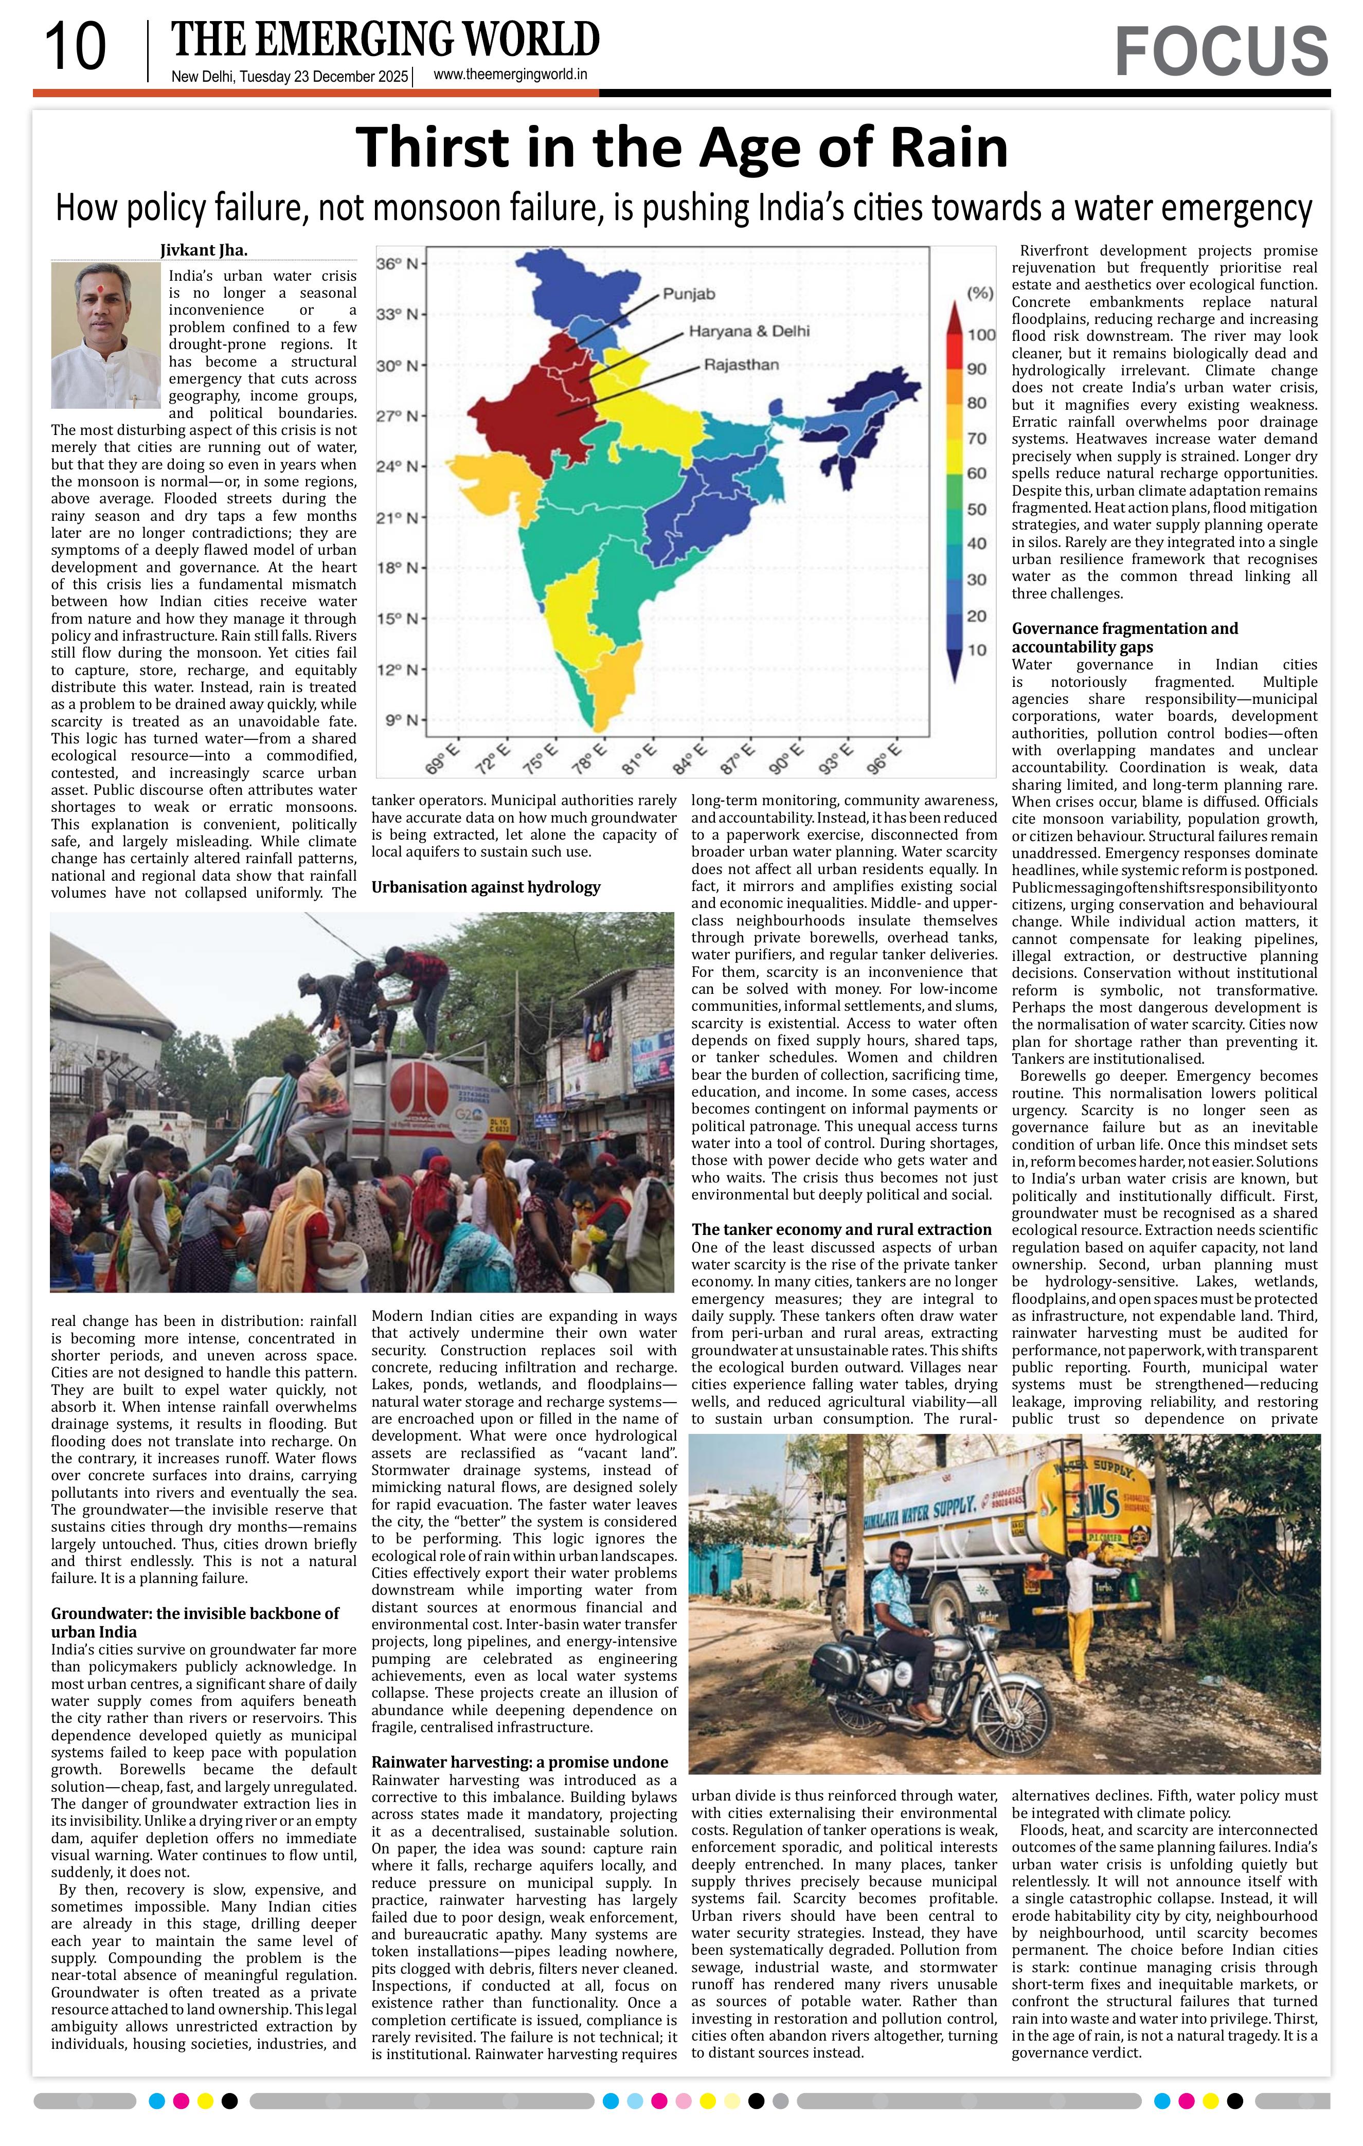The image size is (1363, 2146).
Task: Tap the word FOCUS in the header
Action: tap(1221, 51)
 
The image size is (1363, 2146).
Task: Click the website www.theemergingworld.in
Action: tap(510, 75)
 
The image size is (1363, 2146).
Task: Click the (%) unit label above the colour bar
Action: tap(980, 293)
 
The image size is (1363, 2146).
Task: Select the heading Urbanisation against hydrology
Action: tap(485, 887)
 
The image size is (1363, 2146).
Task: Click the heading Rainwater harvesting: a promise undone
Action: tap(519, 1762)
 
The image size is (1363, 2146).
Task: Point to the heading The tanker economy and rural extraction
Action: tap(840, 1229)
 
